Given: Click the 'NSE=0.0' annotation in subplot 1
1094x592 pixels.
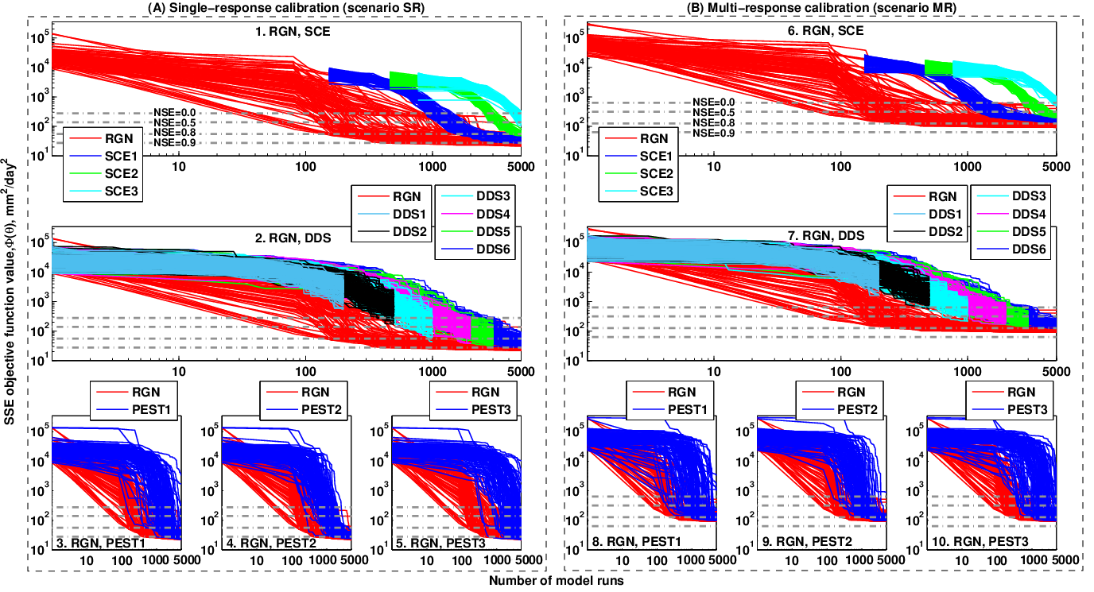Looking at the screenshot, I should (x=174, y=112).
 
